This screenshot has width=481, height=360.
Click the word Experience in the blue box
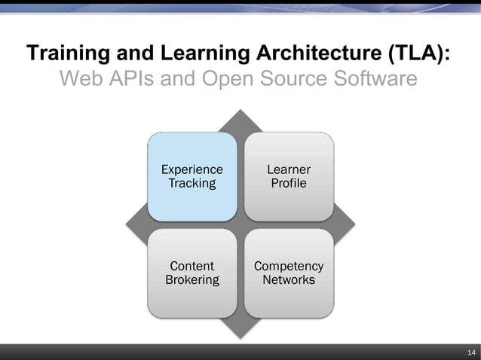[192, 169]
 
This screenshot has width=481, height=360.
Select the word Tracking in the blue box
[192, 183]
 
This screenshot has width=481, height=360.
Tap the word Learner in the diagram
[289, 169]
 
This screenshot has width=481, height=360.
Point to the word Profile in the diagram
[289, 183]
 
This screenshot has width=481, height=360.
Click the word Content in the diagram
[192, 266]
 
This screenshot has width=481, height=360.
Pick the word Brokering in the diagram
[192, 280]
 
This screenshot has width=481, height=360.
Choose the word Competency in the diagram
[289, 266]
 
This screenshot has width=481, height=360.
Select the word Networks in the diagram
[289, 280]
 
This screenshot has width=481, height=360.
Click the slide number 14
[471, 352]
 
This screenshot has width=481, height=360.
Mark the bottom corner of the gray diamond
[240, 335]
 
